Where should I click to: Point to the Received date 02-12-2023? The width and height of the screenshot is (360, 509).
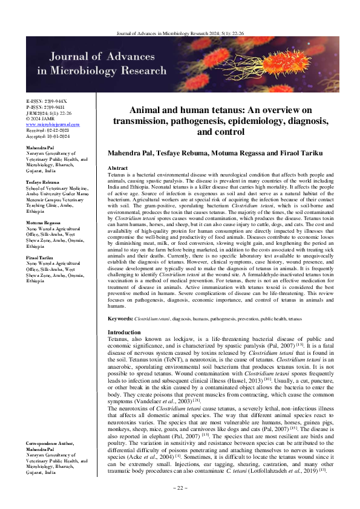[48, 129]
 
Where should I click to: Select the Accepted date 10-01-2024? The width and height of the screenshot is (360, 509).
[48, 135]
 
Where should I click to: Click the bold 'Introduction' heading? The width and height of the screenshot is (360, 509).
[123, 332]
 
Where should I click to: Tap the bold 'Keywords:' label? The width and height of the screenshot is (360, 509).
[120, 318]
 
